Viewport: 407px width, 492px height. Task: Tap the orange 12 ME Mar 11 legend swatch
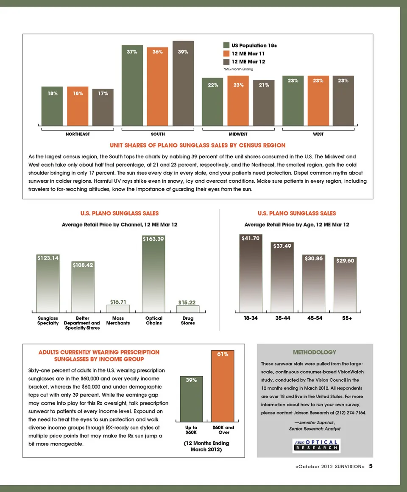(x=226, y=53)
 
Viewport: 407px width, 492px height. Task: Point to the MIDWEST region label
(x=238, y=134)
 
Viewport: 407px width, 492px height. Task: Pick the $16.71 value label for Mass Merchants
(x=118, y=302)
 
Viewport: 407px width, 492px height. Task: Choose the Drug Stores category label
(x=188, y=320)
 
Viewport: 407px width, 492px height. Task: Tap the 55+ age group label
(x=347, y=318)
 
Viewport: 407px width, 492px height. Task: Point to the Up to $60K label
(x=192, y=430)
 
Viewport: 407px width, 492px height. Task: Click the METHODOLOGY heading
(x=314, y=352)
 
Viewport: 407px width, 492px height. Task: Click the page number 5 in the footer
(x=371, y=466)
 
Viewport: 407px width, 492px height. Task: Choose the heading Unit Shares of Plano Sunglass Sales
(x=198, y=145)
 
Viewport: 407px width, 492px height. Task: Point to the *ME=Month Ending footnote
(x=238, y=69)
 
